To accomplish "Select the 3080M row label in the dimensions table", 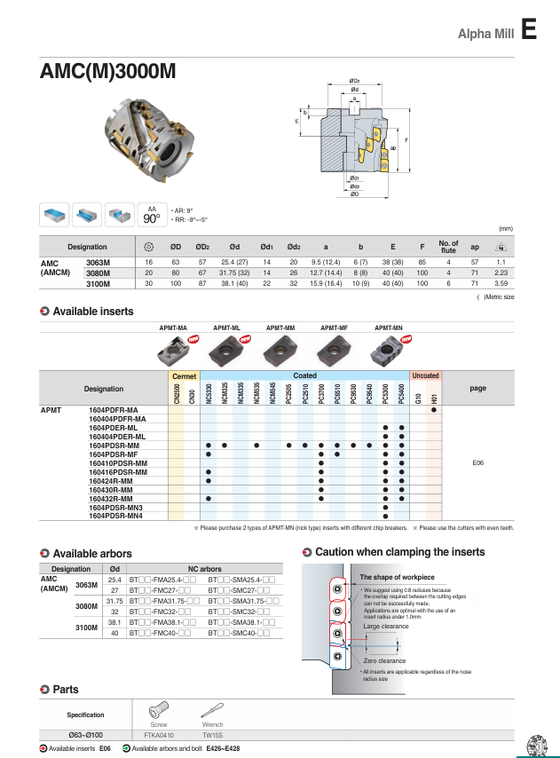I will [x=98, y=274].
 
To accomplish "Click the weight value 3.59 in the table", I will [x=501, y=284].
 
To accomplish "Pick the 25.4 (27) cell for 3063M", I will [x=233, y=264].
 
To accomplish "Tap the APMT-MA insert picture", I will [x=173, y=351].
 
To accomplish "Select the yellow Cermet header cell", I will [x=185, y=375].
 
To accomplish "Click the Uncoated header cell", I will [x=425, y=375].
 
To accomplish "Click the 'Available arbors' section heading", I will [x=92, y=554].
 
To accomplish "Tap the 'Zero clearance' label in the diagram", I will [x=384, y=660].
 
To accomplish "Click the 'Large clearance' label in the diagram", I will [x=386, y=627].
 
